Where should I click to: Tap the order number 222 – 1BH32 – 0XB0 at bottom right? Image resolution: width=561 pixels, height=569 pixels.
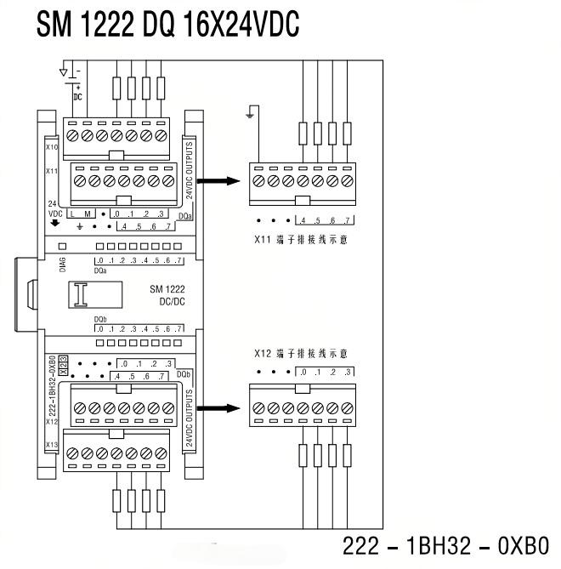pyautogui.click(x=445, y=545)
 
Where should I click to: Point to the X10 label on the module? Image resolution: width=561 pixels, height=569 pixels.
pyautogui.click(x=51, y=148)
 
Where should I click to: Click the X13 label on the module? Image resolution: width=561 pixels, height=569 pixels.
pyautogui.click(x=51, y=445)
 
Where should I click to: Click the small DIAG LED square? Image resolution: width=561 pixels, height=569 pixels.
pyautogui.click(x=63, y=246)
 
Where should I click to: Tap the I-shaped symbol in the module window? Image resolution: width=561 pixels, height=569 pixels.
pyautogui.click(x=81, y=295)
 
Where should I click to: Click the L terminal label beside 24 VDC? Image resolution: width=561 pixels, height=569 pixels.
pyautogui.click(x=74, y=213)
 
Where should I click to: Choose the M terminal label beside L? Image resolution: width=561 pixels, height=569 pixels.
pyautogui.click(x=88, y=213)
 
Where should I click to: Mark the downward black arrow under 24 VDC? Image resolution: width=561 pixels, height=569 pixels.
pyautogui.click(x=55, y=225)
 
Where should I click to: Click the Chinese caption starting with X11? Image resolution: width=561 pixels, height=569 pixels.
pyautogui.click(x=301, y=241)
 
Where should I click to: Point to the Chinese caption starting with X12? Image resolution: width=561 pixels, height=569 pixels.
pyautogui.click(x=301, y=353)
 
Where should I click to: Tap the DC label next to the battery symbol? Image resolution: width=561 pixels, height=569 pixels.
pyautogui.click(x=77, y=96)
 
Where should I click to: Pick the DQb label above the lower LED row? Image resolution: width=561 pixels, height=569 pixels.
pyautogui.click(x=100, y=321)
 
